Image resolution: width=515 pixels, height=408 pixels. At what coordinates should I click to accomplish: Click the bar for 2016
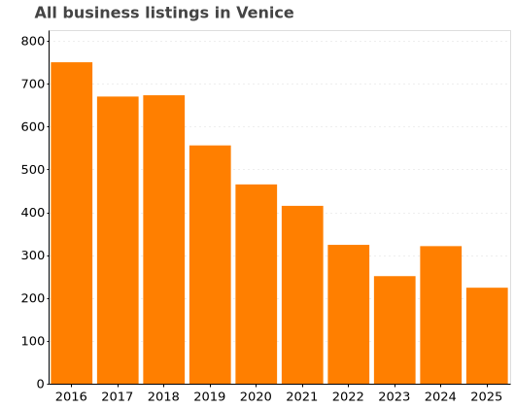coord(71,223)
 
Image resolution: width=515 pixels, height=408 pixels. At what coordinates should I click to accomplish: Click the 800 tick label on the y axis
coord(33,41)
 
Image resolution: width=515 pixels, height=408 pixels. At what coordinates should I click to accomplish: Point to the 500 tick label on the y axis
coord(33,170)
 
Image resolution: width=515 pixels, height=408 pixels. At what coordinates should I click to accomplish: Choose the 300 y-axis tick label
coord(33,255)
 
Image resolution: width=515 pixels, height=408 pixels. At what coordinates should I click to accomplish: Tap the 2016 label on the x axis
coord(71,396)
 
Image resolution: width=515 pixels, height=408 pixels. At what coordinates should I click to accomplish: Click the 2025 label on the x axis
coord(487,396)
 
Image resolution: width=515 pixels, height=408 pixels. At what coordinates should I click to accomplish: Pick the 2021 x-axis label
coord(302,396)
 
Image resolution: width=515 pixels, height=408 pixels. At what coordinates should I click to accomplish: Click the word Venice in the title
coord(265,13)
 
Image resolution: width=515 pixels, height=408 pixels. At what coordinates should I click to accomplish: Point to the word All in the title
coord(46,13)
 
